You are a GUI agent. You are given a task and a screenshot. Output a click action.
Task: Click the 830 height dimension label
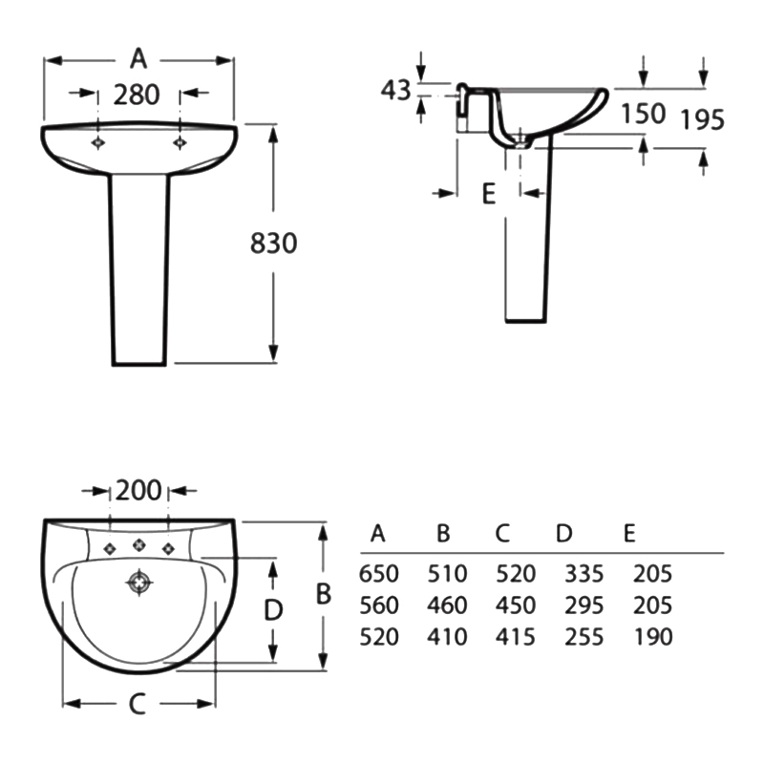[274, 244]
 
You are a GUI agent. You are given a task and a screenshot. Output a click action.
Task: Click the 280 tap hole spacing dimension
[137, 95]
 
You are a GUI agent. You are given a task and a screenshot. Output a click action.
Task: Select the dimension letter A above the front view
[139, 59]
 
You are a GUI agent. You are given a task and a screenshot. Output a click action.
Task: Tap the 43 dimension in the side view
[395, 91]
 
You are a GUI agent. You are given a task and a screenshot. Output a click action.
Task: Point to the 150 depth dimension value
[643, 114]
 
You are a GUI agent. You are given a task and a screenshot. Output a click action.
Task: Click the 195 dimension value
[702, 119]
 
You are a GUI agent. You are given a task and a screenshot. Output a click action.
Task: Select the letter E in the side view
[488, 194]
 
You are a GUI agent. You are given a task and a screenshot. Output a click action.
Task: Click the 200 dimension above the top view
[139, 491]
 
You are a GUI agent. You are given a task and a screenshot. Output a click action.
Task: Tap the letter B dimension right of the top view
[324, 594]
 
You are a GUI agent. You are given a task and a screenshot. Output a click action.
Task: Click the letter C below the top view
[137, 705]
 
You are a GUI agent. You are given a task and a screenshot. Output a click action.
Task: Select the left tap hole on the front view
[97, 141]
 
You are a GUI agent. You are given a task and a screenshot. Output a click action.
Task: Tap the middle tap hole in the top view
[139, 546]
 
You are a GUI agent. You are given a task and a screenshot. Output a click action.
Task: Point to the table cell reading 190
[652, 637]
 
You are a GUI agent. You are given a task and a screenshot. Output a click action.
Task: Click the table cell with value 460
[447, 605]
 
